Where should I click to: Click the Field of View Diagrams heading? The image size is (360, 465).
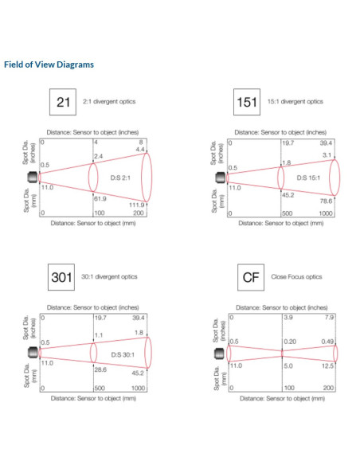coord(49,64)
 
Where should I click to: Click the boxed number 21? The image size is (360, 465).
coord(63,102)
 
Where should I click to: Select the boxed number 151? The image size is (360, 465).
coord(247,102)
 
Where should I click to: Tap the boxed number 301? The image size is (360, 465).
coord(61,277)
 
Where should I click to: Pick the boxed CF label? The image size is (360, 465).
coord(251,277)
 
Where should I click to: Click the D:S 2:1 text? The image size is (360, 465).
coord(120,178)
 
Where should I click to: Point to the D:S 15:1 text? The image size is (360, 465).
coord(308,178)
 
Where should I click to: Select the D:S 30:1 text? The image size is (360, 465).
coord(123,354)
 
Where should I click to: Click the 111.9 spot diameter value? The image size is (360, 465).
coord(136,205)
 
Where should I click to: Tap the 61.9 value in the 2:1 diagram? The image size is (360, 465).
coord(100,198)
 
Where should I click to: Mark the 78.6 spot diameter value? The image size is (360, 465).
coord(326,201)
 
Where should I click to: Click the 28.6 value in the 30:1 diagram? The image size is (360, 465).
coord(100,369)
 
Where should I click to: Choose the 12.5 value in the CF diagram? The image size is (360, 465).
coord(327,366)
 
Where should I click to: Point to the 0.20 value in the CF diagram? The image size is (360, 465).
coord(290,342)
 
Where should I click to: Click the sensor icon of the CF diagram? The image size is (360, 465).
coord(220,354)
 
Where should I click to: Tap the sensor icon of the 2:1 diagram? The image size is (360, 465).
coord(33,178)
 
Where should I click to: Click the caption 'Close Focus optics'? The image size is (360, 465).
coord(296,276)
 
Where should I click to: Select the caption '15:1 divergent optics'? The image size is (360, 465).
coord(295,101)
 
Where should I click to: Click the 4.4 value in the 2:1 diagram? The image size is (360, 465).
coord(140,150)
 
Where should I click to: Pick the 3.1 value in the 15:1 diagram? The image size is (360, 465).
coord(327,154)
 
